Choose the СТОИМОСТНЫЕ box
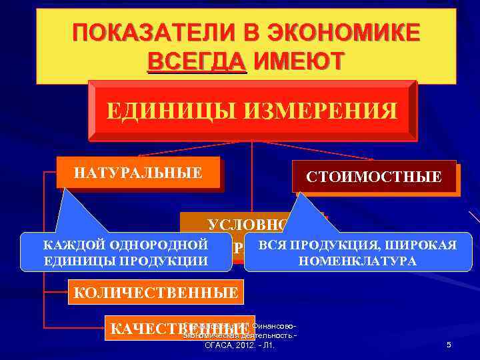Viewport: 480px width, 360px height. pos(373,177)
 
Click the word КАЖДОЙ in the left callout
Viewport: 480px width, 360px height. pos(69,245)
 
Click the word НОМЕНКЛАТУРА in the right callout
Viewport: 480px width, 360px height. pos(357,261)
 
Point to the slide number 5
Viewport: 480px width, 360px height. pos(449,345)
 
